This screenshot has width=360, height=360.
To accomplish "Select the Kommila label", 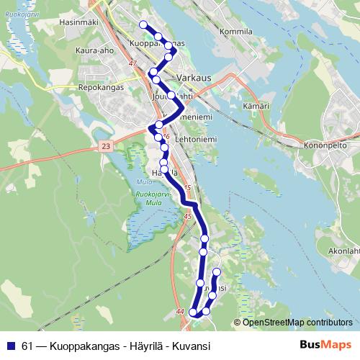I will [238, 32].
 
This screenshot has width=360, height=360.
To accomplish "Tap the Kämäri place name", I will [256, 105].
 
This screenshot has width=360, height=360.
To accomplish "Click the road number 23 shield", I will [107, 146].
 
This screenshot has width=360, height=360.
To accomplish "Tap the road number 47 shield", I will [132, 63].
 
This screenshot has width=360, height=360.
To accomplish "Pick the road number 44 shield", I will [180, 310].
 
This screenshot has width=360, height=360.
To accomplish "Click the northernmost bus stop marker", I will [143, 25].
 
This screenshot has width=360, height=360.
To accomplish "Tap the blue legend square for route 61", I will [9, 345].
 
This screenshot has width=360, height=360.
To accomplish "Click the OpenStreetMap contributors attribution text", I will [298, 322].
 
